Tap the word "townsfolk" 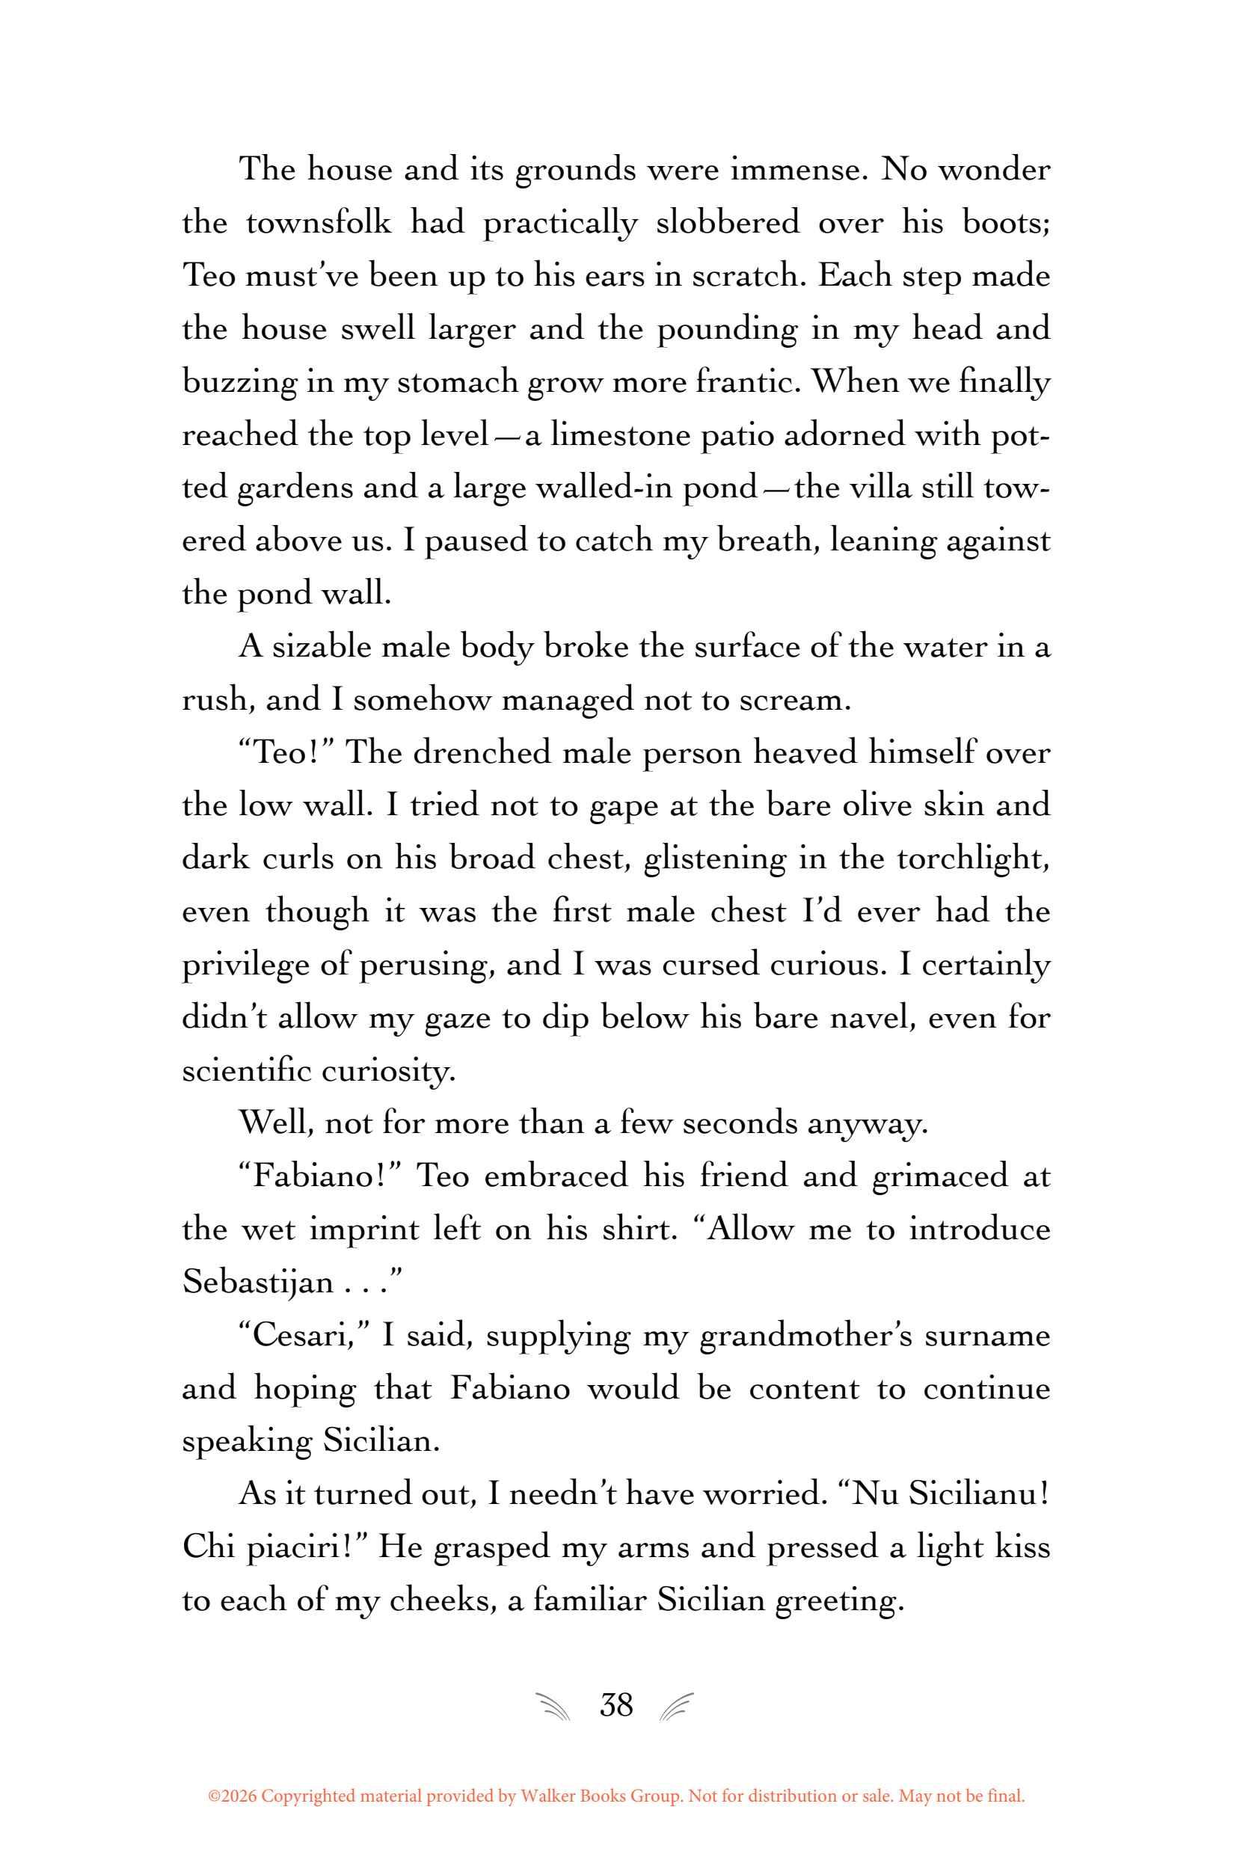(x=319, y=224)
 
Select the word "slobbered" (x=727, y=224)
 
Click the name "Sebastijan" (x=258, y=1283)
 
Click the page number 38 (x=616, y=1705)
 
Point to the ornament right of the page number (x=678, y=1707)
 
